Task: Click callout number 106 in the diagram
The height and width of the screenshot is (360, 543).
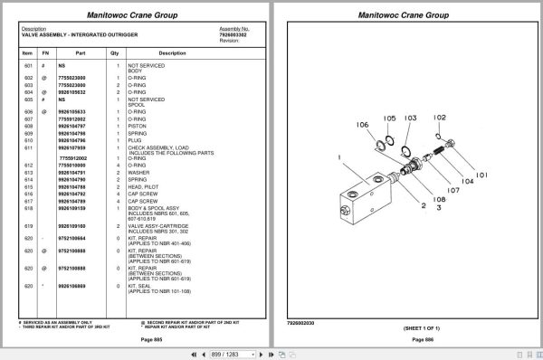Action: point(362,125)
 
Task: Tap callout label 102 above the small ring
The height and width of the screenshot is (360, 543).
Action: point(439,118)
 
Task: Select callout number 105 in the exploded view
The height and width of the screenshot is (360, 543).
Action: point(389,118)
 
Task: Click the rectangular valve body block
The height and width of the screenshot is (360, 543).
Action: point(362,194)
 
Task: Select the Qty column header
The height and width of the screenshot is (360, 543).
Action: point(115,53)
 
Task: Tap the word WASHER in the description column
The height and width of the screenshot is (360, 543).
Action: point(139,172)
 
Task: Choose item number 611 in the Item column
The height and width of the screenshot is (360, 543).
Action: point(27,147)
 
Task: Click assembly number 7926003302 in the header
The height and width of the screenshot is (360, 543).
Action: point(233,33)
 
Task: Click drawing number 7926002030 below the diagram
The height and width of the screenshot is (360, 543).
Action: point(300,320)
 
